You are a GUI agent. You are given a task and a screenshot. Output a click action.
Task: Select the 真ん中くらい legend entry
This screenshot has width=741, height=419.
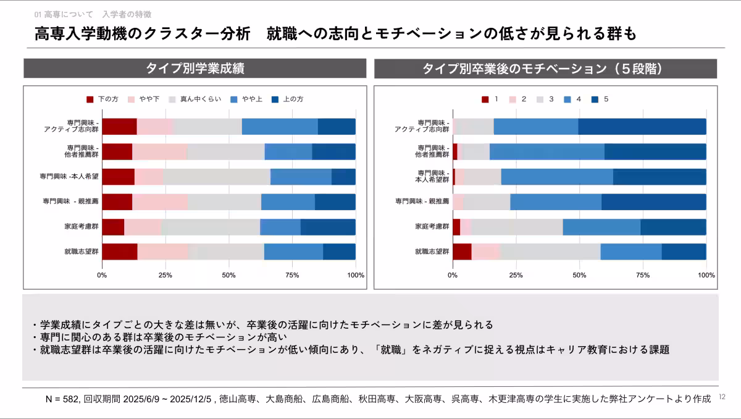(x=195, y=99)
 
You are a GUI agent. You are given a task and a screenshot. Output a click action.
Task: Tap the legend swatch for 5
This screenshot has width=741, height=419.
(x=595, y=99)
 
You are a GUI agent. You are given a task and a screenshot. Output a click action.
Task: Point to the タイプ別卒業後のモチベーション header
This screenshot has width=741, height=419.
(x=545, y=69)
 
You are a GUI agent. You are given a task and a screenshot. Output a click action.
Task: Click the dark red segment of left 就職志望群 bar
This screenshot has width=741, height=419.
(x=119, y=252)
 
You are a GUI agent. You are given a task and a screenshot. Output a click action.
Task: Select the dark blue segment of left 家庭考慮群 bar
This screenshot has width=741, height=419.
(x=328, y=227)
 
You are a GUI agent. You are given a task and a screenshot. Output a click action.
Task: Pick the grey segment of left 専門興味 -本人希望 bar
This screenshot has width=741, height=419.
(x=216, y=177)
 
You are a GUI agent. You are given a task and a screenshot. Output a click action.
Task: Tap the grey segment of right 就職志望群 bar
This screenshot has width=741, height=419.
(x=550, y=252)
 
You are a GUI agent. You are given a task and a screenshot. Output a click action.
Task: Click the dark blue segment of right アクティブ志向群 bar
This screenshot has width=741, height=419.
(x=642, y=127)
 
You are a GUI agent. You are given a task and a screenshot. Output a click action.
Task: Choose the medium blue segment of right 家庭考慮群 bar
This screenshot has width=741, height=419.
(x=601, y=227)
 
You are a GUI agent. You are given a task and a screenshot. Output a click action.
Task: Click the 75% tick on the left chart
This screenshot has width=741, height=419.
(x=292, y=275)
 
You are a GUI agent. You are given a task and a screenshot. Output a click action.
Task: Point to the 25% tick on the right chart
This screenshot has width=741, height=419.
(x=516, y=275)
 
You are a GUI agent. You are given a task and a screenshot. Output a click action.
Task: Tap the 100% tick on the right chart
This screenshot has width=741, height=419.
(x=706, y=275)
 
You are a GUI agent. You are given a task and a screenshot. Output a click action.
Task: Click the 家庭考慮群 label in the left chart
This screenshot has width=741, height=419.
(x=82, y=227)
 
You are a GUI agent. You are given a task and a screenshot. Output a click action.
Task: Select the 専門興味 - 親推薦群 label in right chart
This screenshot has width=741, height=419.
(x=422, y=201)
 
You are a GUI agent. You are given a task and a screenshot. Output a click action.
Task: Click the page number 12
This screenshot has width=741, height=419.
(x=722, y=397)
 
